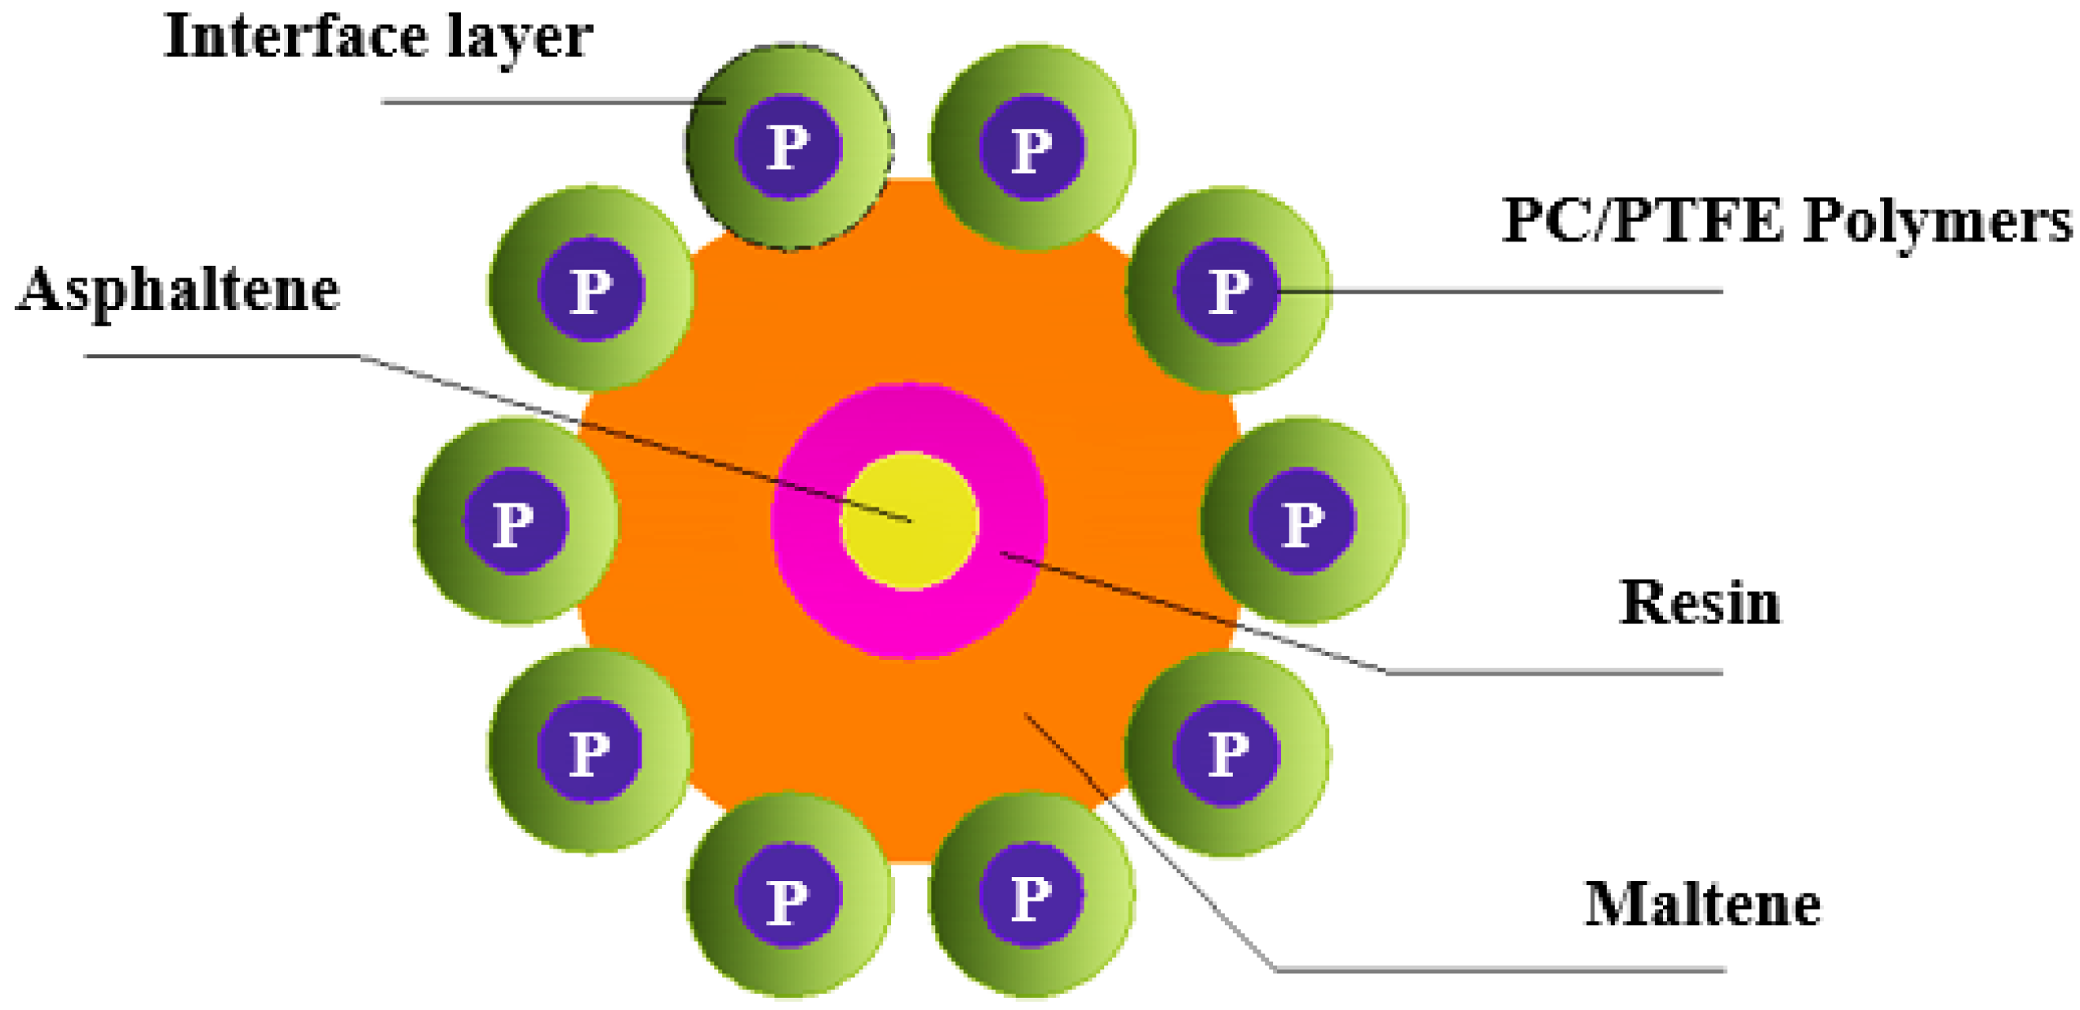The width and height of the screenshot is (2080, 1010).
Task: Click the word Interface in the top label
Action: click(294, 37)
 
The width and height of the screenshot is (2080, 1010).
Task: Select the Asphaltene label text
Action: click(177, 290)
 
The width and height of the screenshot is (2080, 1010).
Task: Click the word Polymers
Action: click(1936, 222)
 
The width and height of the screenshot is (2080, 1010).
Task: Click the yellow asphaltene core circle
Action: click(908, 520)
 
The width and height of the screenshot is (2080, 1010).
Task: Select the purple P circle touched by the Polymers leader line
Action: click(1226, 290)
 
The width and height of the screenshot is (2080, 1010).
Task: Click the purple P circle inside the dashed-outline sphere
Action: click(787, 147)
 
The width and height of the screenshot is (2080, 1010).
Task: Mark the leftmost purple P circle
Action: click(514, 521)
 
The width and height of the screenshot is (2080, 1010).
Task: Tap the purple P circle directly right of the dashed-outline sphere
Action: click(1031, 148)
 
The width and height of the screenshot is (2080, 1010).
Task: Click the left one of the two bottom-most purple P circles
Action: click(787, 896)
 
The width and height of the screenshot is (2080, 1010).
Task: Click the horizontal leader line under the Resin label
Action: click(1550, 673)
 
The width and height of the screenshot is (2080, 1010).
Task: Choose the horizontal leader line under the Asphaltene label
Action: click(220, 356)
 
